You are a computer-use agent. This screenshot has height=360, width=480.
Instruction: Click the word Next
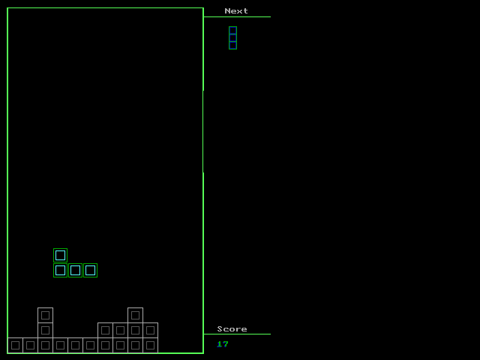point(236,11)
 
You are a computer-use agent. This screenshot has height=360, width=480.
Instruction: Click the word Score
point(232,329)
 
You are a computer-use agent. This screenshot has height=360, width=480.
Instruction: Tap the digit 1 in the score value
point(220,344)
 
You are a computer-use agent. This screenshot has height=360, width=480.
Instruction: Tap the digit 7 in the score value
point(225,344)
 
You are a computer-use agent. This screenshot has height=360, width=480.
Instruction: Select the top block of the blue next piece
point(232,30)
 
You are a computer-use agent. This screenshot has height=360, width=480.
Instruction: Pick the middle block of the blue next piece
point(232,37)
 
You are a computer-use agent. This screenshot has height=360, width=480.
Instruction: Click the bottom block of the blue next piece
point(232,45)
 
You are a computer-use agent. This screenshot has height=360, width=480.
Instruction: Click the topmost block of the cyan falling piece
point(60,255)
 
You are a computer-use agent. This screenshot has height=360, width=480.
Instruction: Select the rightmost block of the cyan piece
point(90,270)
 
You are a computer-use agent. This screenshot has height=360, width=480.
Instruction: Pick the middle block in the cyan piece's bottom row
point(75,270)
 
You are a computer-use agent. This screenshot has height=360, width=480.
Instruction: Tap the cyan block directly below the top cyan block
point(60,270)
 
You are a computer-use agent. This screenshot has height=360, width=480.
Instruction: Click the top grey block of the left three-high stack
point(45,315)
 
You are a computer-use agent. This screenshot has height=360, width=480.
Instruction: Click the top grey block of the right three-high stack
point(135,315)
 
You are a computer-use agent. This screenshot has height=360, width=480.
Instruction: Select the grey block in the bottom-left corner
point(15,345)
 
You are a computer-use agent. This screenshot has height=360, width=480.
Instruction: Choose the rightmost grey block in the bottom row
point(150,345)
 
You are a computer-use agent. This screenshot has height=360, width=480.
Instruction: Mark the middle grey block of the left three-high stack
point(45,330)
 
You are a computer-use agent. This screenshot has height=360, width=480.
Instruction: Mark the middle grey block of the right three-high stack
point(135,330)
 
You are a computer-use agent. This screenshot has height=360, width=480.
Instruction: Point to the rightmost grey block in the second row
point(150,330)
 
